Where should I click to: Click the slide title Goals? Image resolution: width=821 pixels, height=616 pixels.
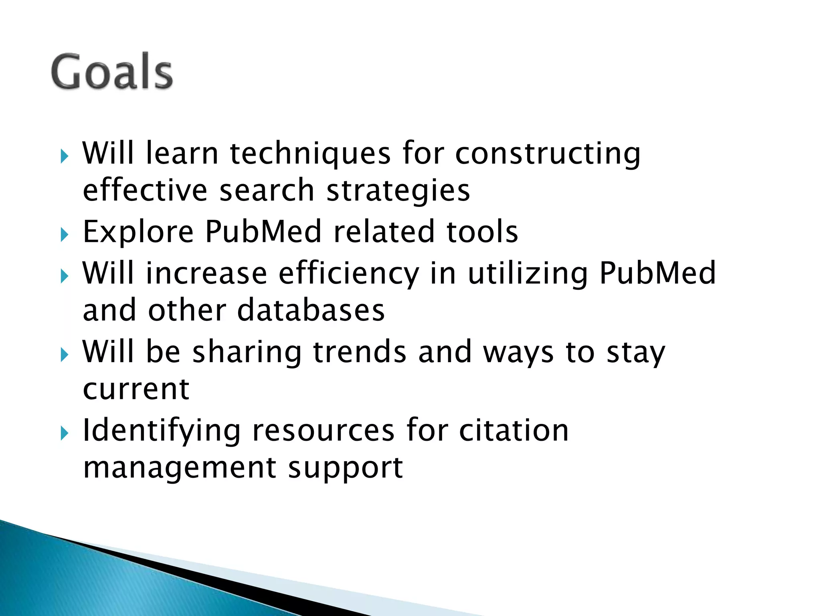pos(112,72)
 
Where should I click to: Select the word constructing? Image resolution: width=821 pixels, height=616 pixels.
pos(548,154)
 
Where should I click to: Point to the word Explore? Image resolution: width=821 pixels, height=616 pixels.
pos(138,232)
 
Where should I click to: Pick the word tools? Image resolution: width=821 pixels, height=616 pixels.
pos(482,232)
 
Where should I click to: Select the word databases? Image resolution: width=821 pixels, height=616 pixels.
pos(311,311)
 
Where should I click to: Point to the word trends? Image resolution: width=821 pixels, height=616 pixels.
pos(360,352)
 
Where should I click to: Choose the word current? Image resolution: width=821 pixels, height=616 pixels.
pos(136,389)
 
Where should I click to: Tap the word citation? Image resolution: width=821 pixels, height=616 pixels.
pos(514,431)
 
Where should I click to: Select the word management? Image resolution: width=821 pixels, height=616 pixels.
pos(180,468)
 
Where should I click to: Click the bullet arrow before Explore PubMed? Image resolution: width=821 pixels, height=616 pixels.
pos(65,235)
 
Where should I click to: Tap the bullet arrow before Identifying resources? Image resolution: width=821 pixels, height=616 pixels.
pos(65,433)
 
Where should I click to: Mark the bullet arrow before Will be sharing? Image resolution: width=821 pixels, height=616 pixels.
pos(65,355)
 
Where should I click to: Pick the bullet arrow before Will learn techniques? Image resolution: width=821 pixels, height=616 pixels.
pos(65,156)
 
